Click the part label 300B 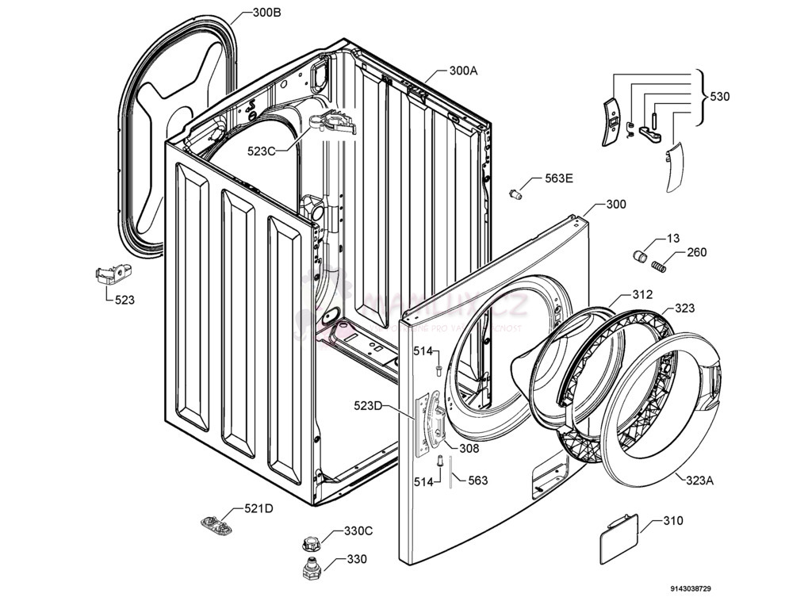266,13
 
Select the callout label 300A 463,70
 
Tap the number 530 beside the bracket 720,97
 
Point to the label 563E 558,178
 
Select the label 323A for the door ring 699,480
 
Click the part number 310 672,521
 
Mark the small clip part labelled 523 111,274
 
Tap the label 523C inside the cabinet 261,151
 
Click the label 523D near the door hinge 368,406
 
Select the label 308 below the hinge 469,448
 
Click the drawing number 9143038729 690,589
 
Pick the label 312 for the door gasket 642,295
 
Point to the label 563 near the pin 477,481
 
